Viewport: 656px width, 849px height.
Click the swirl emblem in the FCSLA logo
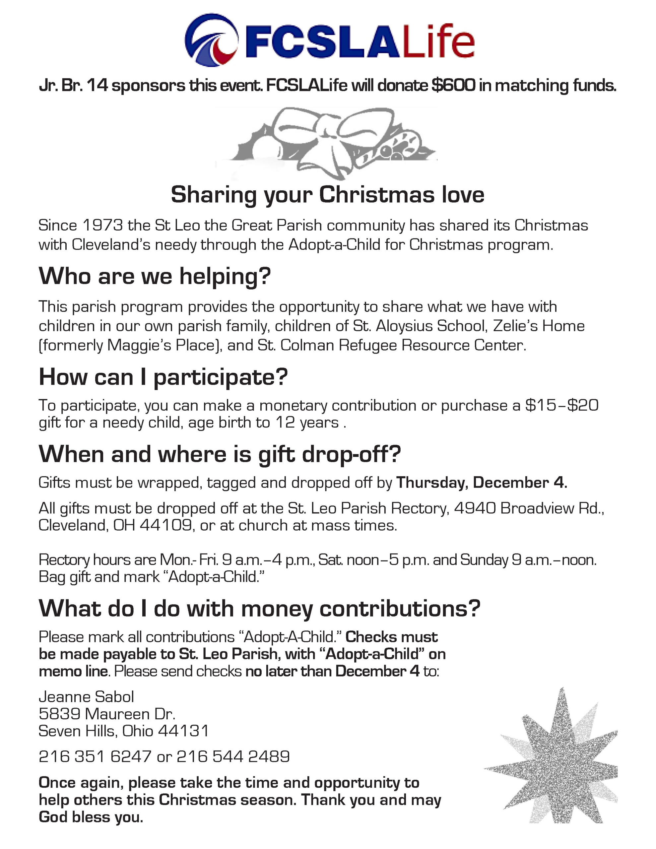211,40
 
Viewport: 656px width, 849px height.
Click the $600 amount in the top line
453,85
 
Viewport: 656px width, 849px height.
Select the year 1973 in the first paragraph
103,226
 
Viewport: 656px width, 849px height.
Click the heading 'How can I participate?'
163,377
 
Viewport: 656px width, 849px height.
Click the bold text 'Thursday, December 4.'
482,483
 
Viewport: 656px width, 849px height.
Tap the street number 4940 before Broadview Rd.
474,508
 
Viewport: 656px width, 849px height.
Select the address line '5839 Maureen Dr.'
107,714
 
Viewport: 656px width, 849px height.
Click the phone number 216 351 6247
95,756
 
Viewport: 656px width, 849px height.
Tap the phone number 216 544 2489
233,756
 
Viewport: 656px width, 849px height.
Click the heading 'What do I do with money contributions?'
259,609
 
